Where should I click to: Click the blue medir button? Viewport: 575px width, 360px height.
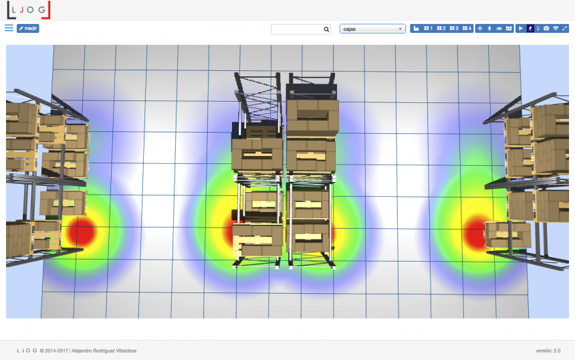click(x=28, y=28)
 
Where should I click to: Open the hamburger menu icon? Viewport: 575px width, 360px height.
click(x=9, y=28)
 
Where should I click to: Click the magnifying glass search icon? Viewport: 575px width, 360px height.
click(x=326, y=29)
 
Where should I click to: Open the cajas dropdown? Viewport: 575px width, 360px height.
click(x=372, y=29)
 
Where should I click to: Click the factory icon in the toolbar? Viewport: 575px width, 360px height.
click(x=416, y=28)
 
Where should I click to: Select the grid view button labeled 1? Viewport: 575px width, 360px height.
click(x=428, y=28)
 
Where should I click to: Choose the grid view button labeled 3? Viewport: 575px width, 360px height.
click(x=454, y=28)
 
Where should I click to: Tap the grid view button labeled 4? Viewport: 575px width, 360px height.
click(x=467, y=28)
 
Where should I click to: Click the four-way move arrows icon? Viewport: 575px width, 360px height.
click(x=480, y=28)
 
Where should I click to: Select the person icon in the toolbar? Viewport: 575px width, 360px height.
click(x=489, y=28)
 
